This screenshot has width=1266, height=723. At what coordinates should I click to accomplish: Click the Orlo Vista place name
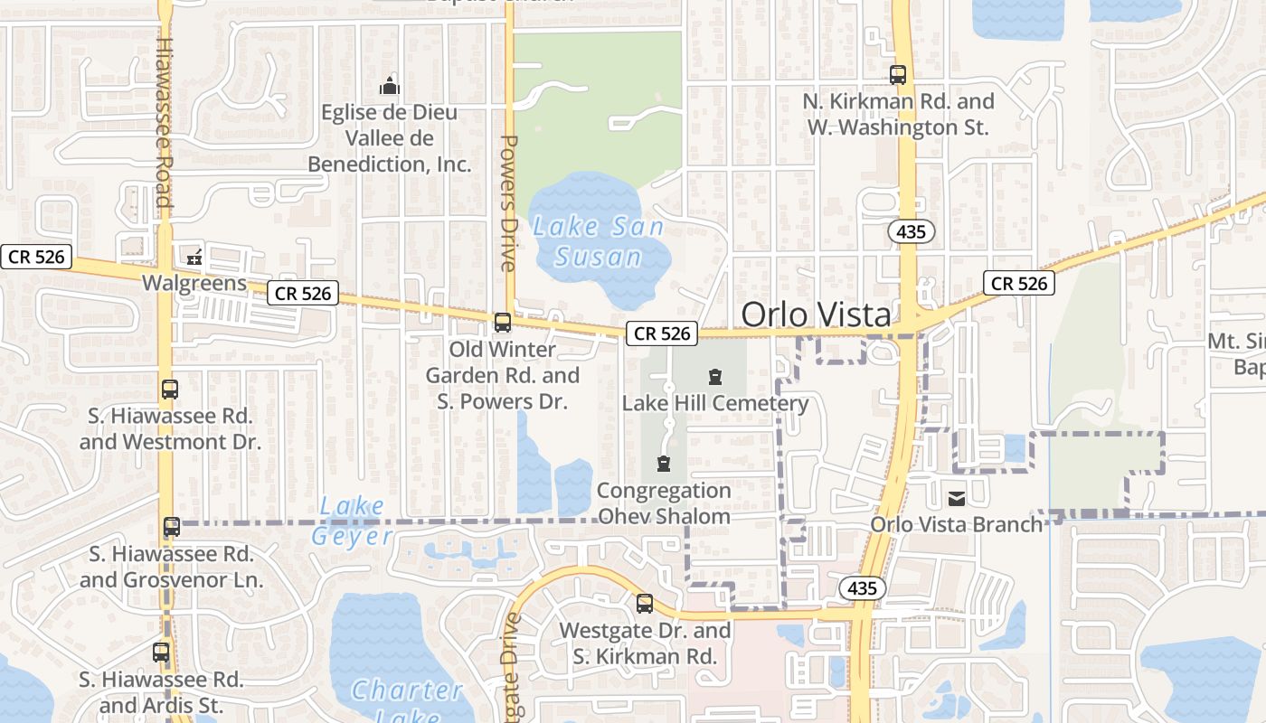coord(816,315)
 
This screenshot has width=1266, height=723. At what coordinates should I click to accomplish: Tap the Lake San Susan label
coord(599,241)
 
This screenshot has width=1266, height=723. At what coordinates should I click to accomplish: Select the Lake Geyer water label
coord(352,521)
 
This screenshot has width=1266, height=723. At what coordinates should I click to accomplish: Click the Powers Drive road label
coord(508,202)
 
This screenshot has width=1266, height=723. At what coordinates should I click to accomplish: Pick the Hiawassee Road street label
coord(164,122)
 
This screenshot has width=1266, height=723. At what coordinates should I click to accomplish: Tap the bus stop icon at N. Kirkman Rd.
coord(898,75)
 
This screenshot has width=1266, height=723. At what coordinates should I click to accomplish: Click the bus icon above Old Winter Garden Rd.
coord(503,323)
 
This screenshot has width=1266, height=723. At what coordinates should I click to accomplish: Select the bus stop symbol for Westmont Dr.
coord(170,390)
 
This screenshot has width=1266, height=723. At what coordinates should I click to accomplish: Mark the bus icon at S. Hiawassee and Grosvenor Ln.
coord(171,527)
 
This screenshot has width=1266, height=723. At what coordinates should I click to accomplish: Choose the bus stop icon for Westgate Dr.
coord(645,604)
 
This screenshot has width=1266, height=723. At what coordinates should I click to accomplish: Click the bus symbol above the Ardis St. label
coord(161,653)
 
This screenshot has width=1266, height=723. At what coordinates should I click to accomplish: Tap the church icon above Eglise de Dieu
coord(390,87)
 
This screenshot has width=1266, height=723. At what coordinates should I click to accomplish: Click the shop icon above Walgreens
coord(194,258)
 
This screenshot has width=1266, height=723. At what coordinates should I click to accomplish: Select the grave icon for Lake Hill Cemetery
coord(715,377)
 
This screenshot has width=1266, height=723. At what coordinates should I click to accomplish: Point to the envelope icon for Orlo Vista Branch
coord(956,498)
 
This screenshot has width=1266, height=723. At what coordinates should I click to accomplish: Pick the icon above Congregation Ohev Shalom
coord(664,465)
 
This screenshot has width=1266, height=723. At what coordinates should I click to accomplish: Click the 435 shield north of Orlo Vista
coord(911,232)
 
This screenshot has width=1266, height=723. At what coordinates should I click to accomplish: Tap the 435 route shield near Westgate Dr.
coord(863,588)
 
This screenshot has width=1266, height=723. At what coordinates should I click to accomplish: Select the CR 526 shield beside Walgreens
coord(303,293)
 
